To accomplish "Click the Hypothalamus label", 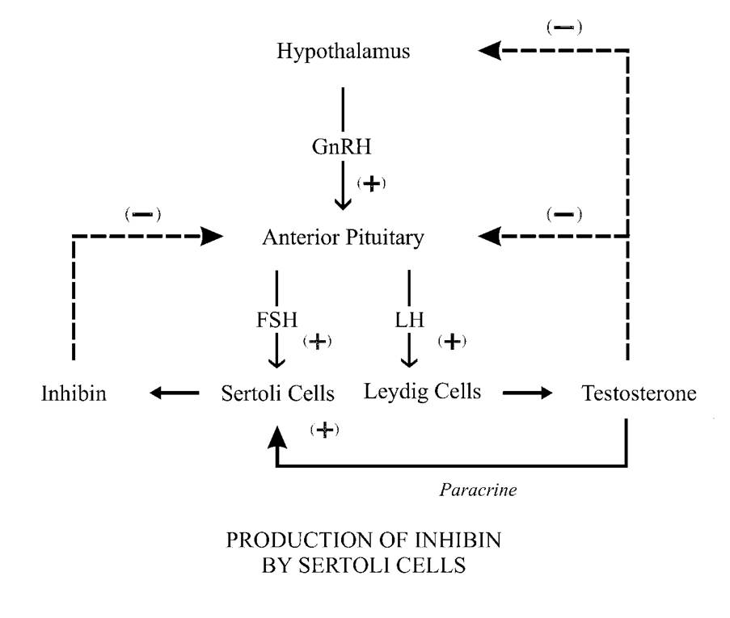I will point(344,53).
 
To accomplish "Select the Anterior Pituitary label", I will point(343,238).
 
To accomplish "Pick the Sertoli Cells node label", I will point(277,394).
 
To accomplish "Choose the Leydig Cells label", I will point(422,393).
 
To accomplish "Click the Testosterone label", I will point(639,394).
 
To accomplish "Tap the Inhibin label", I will point(74,394).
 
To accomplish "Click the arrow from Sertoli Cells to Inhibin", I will point(174,393).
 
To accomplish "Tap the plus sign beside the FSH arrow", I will point(317,341).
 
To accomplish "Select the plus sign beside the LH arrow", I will point(452,341).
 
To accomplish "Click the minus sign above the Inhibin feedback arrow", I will point(143,214).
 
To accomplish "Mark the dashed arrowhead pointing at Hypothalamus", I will point(488,51).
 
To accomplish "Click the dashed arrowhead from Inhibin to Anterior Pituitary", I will point(213,236).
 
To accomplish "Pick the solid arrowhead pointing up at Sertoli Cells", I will point(277,436).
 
